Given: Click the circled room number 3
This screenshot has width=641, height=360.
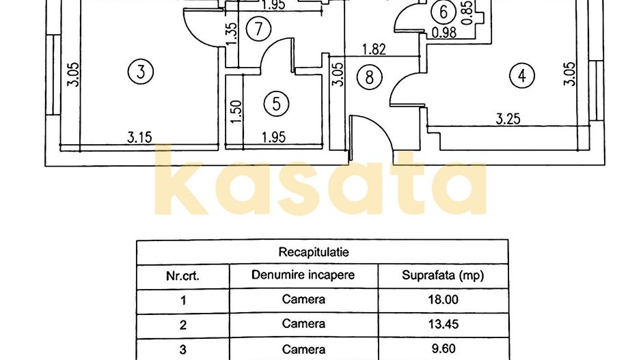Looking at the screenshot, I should [141, 71].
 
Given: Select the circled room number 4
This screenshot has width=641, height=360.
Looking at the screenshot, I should [522, 76].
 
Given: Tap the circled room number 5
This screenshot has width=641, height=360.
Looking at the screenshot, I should [277, 104].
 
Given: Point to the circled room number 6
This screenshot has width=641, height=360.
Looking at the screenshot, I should [444, 12].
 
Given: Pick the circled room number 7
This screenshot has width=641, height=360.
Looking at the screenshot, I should [258, 29].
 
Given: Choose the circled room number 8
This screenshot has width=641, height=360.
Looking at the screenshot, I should [370, 77].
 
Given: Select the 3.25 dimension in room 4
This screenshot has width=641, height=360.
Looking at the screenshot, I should [508, 118].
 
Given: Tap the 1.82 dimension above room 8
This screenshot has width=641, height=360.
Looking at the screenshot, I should [374, 49].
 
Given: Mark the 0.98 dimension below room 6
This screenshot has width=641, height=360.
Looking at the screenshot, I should [444, 31].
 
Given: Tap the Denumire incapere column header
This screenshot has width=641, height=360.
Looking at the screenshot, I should [303, 276].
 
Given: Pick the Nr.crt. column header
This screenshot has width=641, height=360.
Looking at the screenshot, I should [183, 277].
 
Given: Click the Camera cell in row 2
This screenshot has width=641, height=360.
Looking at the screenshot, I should [303, 324].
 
